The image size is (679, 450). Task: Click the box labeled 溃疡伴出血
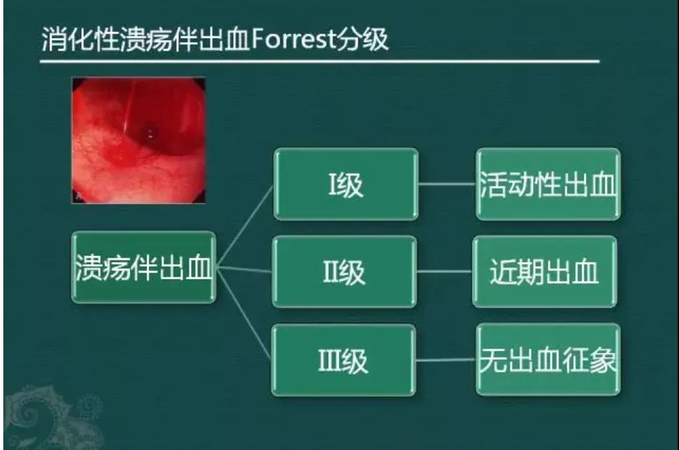coord(143,267)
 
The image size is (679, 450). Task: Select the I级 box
coord(346,184)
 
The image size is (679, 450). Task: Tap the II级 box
coord(344,272)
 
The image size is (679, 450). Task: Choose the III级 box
coord(343,360)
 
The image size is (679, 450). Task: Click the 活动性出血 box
coord(549,184)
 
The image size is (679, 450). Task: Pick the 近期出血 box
coord(545,272)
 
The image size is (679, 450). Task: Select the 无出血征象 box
coord(549,359)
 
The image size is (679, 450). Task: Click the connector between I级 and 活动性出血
coord(447,184)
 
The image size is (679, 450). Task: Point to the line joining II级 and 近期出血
coord(445,272)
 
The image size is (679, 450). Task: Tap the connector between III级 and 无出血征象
coord(446,360)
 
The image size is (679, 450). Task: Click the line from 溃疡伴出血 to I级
coord(245,225)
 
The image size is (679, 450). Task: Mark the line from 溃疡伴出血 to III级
coord(244,314)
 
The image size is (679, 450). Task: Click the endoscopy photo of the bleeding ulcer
coord(138,140)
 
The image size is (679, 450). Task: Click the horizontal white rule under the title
coord(320,61)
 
